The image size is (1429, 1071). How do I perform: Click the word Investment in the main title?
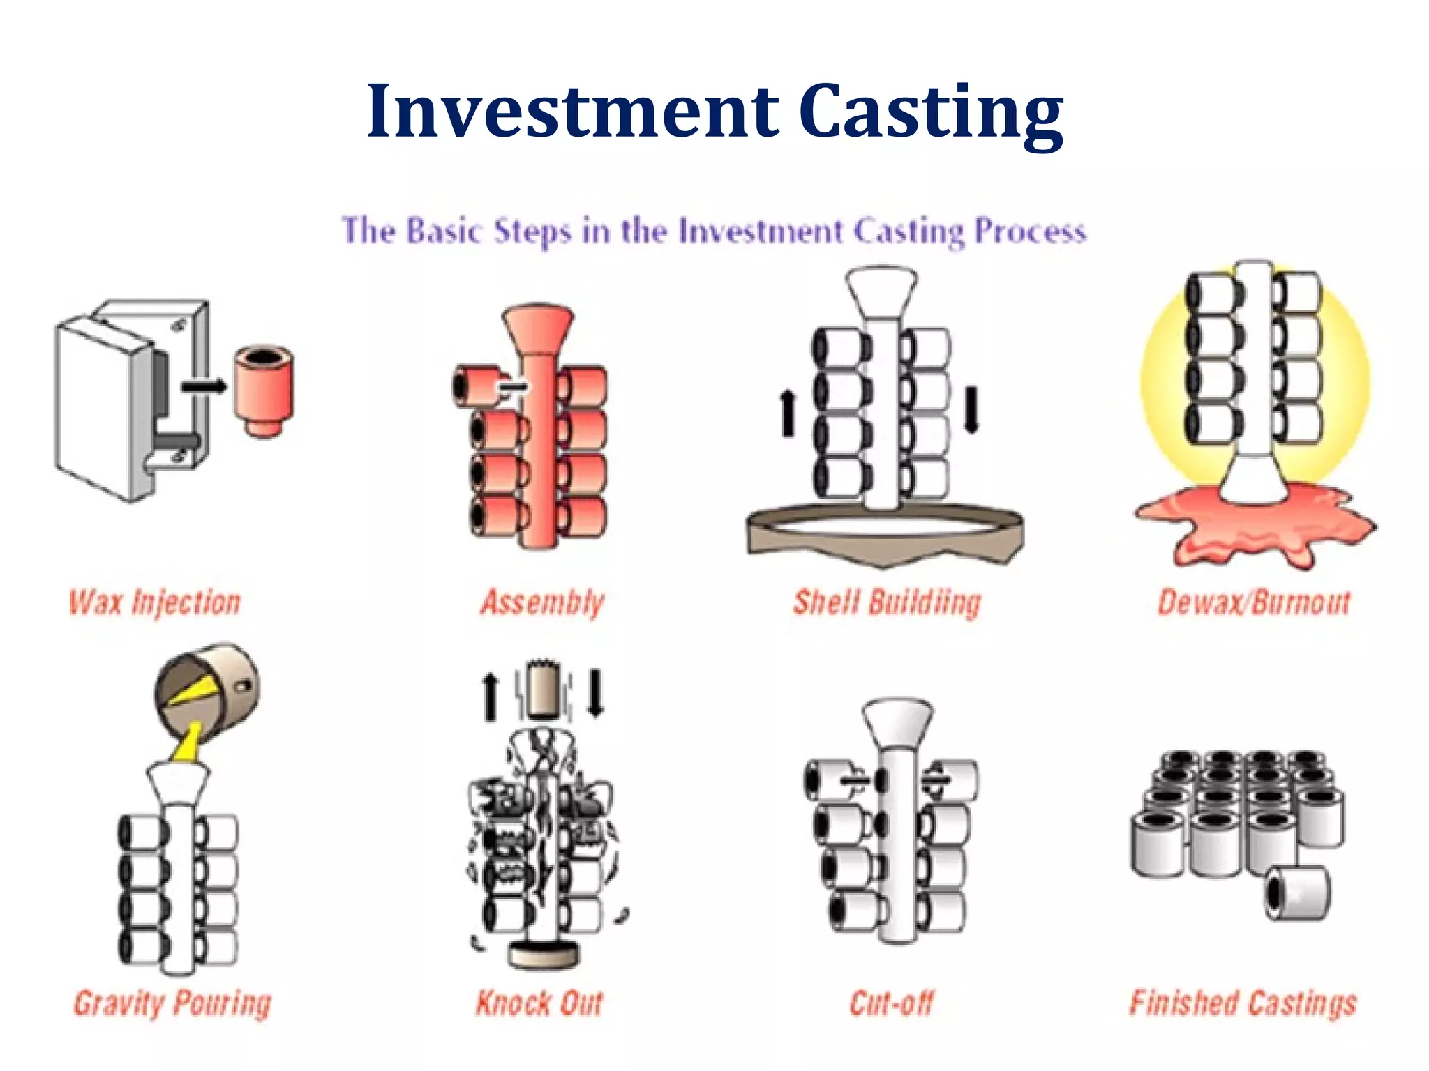[572, 112]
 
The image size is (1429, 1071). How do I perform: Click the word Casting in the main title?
[932, 112]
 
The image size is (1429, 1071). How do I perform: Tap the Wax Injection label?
[155, 602]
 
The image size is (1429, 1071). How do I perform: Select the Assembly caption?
[542, 602]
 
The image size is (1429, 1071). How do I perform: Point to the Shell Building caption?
[887, 602]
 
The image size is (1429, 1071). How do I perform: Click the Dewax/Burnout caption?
[1254, 602]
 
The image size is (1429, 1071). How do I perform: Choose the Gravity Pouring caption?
[172, 1003]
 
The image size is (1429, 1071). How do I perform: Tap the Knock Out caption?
[539, 1003]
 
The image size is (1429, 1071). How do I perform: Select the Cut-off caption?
[891, 1003]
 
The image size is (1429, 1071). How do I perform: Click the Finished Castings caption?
[1243, 1003]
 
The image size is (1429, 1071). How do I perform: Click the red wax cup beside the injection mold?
[264, 390]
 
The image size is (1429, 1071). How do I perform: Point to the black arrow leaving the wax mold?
[204, 386]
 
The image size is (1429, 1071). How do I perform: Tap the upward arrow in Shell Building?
[788, 413]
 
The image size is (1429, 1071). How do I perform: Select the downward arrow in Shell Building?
[971, 409]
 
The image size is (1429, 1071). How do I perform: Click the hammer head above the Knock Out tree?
[542, 690]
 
